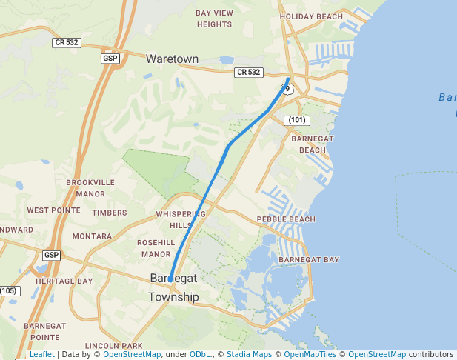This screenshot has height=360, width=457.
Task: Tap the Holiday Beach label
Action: (311, 16)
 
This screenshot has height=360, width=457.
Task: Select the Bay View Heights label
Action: (214, 19)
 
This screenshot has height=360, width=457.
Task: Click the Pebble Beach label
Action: (286, 219)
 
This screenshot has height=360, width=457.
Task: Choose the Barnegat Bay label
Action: (309, 260)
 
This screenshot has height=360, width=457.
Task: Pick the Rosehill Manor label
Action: (156, 248)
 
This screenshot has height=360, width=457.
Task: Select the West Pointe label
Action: (53, 210)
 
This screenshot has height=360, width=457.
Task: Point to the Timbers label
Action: (110, 213)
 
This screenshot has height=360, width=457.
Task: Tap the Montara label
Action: (92, 236)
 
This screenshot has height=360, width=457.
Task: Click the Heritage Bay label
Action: (64, 281)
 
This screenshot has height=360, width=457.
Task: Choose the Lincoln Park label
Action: (113, 346)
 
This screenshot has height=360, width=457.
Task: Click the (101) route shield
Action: (296, 120)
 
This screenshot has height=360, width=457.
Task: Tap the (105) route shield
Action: (8, 290)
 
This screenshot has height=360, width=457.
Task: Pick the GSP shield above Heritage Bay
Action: (50, 256)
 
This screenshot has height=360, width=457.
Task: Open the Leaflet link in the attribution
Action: (41, 355)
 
